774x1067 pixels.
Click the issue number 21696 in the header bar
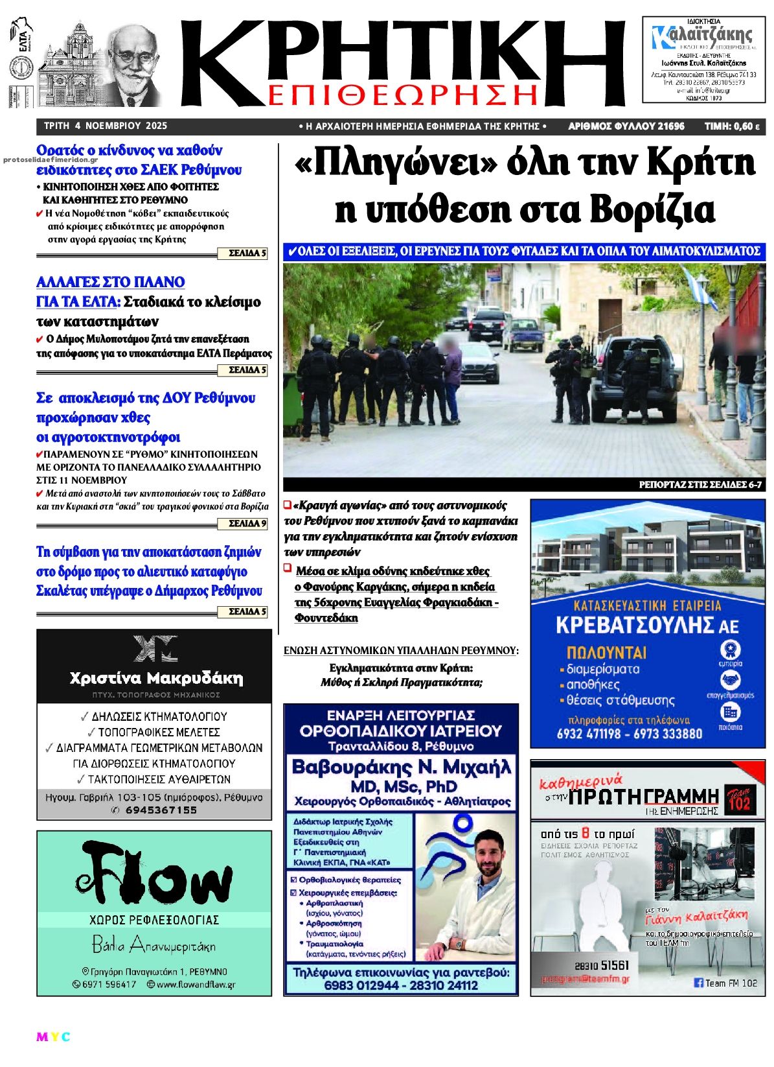point(670,126)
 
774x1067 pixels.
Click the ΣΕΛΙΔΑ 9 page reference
point(248,523)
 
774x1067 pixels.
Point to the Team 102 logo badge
point(738,800)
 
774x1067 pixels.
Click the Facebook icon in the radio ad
point(698,983)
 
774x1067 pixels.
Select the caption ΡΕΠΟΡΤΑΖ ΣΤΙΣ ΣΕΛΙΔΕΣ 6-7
point(700,485)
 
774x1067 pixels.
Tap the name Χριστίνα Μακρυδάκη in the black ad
point(156,679)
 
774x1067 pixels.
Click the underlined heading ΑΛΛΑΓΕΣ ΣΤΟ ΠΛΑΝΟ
point(111,282)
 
